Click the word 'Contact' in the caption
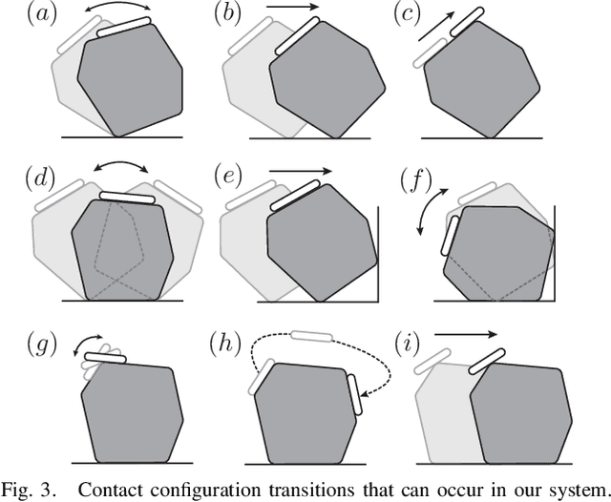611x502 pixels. click(106, 492)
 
